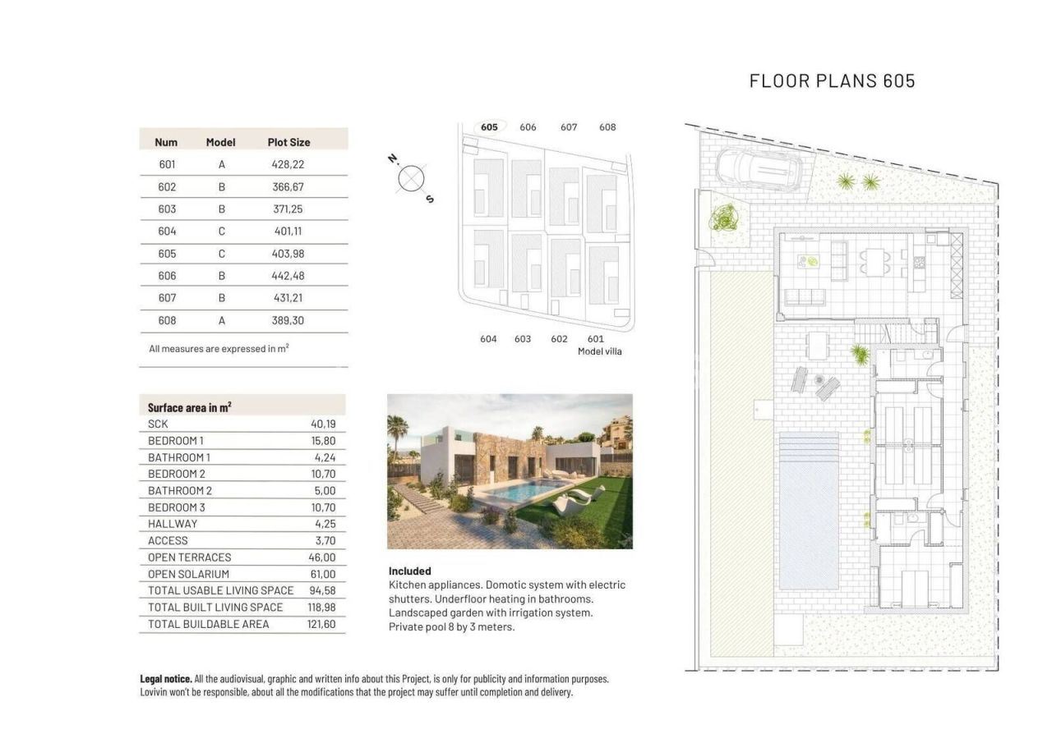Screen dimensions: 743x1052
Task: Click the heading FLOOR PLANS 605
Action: point(832,80)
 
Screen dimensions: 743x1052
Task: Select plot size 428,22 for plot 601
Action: point(288,164)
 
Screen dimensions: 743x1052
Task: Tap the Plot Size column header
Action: point(288,142)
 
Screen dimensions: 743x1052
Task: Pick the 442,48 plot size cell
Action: point(288,276)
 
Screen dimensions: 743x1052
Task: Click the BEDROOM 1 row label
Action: point(176,441)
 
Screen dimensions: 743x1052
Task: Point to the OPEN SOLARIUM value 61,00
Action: point(322,574)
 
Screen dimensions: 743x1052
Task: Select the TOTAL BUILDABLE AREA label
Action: point(208,624)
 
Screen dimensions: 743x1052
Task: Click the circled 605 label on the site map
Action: point(490,127)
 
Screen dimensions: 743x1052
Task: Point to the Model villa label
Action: point(599,351)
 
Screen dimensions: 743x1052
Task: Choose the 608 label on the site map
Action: point(607,127)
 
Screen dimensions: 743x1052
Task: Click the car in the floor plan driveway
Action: point(757,168)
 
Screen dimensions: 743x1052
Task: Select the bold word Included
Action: point(409,571)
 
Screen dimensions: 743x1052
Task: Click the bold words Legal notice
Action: point(166,679)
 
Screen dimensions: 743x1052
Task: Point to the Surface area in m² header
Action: point(189,407)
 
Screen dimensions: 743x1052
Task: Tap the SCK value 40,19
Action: point(322,424)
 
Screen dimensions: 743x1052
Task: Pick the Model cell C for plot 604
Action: point(221,232)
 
